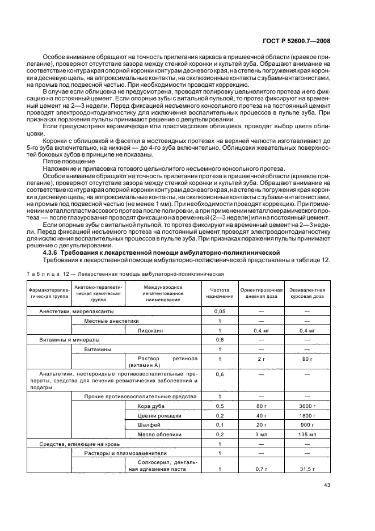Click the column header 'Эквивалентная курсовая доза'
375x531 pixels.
coord(307,293)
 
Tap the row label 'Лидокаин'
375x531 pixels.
coord(150,330)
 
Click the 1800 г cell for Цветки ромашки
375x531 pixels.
coord(307,415)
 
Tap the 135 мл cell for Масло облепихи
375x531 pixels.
coord(307,434)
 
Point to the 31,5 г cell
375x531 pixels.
coord(307,470)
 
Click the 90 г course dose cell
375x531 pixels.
coord(307,359)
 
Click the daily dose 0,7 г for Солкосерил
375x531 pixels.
coord(261,470)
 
